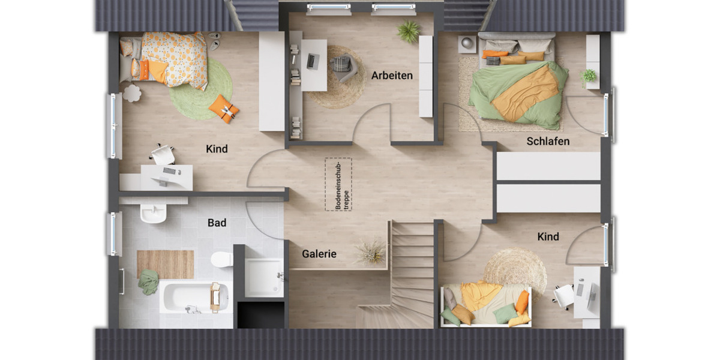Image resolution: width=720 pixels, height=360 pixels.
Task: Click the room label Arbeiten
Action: coord(392,76)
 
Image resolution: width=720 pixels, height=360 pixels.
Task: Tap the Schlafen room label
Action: coord(548,142)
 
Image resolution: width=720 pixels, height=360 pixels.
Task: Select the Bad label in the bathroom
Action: coord(217,223)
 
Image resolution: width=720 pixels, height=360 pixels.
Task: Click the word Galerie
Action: coord(319,254)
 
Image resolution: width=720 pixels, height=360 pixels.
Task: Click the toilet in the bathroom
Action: coord(221,259)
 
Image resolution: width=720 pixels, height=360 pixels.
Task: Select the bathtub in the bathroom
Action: coord(193,297)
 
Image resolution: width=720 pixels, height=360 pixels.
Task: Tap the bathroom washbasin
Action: coord(153,213)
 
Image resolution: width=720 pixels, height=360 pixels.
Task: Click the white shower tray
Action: coord(263,277)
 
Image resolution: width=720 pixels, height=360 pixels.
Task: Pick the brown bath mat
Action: coord(165,264)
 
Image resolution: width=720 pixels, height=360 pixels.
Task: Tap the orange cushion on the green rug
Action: coord(224,109)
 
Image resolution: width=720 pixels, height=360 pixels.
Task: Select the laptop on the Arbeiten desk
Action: coord(313,61)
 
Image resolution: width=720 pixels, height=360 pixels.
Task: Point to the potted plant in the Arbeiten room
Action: coord(409,32)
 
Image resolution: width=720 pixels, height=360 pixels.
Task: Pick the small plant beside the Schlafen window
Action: coord(589,76)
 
